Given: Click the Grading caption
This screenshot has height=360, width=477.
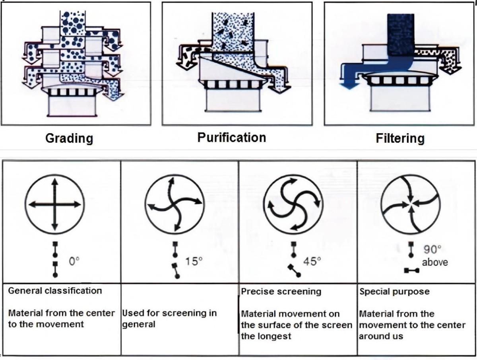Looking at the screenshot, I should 69,138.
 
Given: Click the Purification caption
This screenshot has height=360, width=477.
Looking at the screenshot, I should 232,138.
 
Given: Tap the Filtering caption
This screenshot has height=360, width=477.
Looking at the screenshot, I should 400,138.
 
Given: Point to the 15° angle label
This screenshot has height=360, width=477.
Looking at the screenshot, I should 194,261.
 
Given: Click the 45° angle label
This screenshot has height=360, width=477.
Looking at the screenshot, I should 312,261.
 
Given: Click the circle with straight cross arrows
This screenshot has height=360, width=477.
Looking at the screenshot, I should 54,204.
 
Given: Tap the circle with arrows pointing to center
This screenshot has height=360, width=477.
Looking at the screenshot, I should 411,204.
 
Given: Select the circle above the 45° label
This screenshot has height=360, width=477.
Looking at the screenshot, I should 293,204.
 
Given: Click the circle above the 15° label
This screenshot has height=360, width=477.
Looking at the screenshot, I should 175,204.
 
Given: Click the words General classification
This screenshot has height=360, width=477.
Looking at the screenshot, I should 55,291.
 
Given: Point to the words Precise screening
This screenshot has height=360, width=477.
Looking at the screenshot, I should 281,292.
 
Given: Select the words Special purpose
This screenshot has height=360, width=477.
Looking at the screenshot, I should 394,292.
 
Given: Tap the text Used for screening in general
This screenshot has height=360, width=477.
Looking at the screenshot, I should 169,318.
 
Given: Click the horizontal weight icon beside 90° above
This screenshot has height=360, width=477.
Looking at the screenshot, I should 411,270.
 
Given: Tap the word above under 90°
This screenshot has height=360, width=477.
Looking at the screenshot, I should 435,262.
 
